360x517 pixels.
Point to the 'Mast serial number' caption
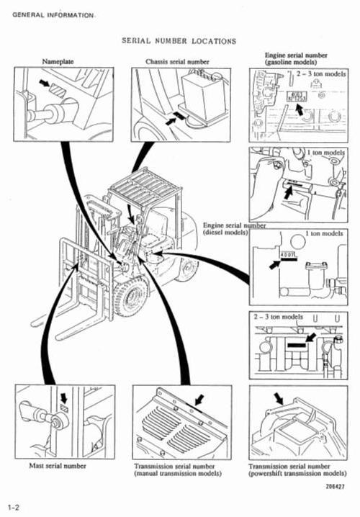point(58,466)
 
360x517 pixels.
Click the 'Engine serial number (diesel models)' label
point(234,229)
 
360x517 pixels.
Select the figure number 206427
point(333,486)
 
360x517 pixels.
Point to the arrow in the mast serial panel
point(64,397)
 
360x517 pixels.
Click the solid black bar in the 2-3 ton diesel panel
point(296,345)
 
